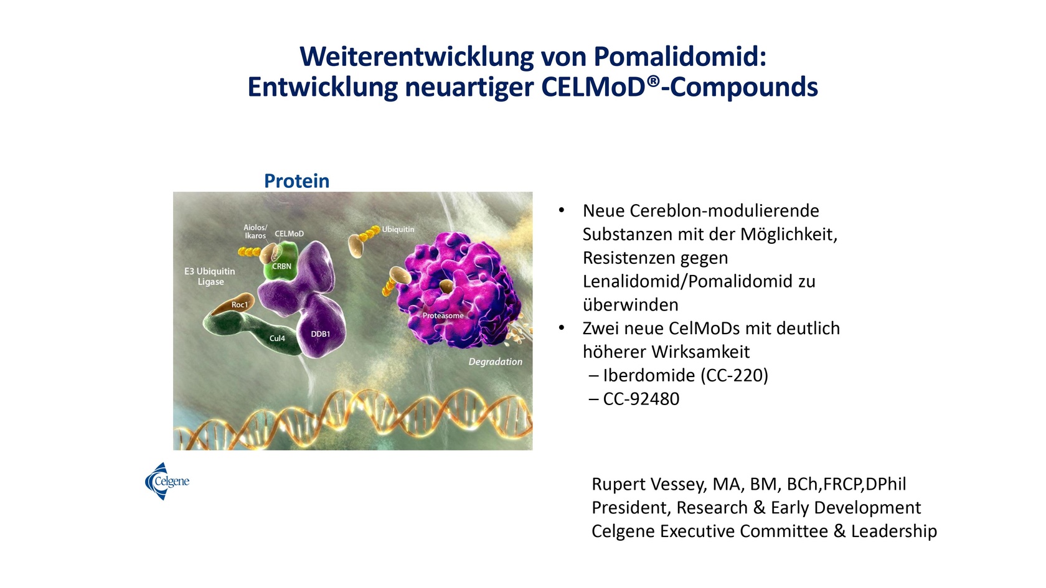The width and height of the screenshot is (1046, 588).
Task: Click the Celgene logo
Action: tap(167, 481)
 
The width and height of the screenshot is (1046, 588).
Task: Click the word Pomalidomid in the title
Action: tap(680, 57)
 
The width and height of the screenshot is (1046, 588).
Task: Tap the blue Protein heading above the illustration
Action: tap(296, 181)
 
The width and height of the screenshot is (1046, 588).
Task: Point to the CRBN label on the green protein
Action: tap(281, 266)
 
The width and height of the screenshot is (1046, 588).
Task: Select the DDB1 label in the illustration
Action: tap(320, 334)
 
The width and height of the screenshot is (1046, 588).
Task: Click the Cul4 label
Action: tap(277, 338)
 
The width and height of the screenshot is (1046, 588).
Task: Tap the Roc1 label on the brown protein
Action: tap(240, 305)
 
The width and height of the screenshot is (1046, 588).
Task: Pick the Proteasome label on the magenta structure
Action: tap(443, 315)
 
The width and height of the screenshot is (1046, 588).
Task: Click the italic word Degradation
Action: tap(496, 362)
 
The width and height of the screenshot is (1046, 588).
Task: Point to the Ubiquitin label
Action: tap(398, 230)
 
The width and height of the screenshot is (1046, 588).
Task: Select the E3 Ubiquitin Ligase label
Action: tap(210, 276)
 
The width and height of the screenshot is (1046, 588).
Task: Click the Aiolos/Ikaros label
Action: tap(255, 231)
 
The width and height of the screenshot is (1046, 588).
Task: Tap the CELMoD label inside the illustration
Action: tap(289, 234)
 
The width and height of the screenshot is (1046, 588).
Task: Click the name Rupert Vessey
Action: tap(649, 484)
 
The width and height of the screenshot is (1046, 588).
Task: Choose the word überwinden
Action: tap(630, 305)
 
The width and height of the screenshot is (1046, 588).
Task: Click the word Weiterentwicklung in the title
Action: tap(417, 57)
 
